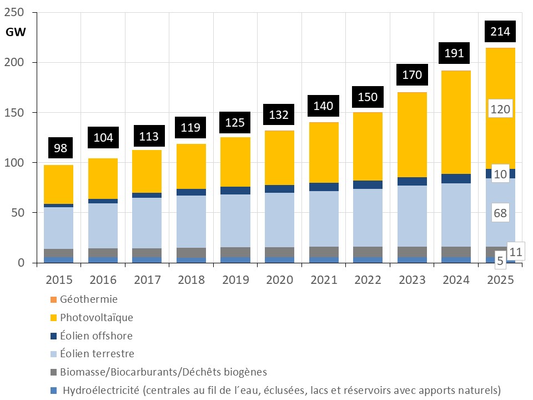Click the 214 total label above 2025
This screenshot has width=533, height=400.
(x=501, y=31)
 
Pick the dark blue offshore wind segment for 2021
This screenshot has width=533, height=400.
(x=324, y=187)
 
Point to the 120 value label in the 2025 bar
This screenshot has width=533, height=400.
(x=501, y=109)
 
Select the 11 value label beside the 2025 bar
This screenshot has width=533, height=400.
(x=515, y=252)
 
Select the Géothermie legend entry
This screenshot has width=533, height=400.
(x=88, y=299)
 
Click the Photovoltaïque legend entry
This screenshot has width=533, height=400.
(x=96, y=318)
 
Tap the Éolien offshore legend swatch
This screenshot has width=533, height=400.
(x=53, y=336)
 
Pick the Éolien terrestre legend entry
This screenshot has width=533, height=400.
(x=97, y=354)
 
